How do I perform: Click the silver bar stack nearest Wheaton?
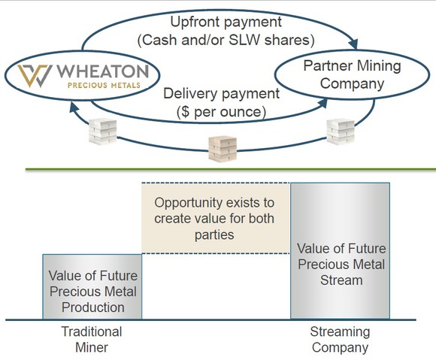(104, 132)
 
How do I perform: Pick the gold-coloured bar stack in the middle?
(223, 147)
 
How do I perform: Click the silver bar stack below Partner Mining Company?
(340, 132)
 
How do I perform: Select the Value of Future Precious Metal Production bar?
(93, 286)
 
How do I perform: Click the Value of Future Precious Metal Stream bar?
(340, 262)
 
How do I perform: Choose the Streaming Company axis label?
(340, 339)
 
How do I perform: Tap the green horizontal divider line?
(226, 170)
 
